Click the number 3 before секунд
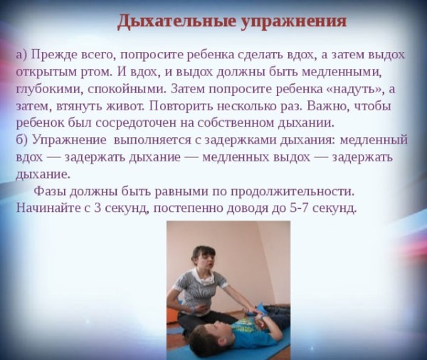pos(97,208)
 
